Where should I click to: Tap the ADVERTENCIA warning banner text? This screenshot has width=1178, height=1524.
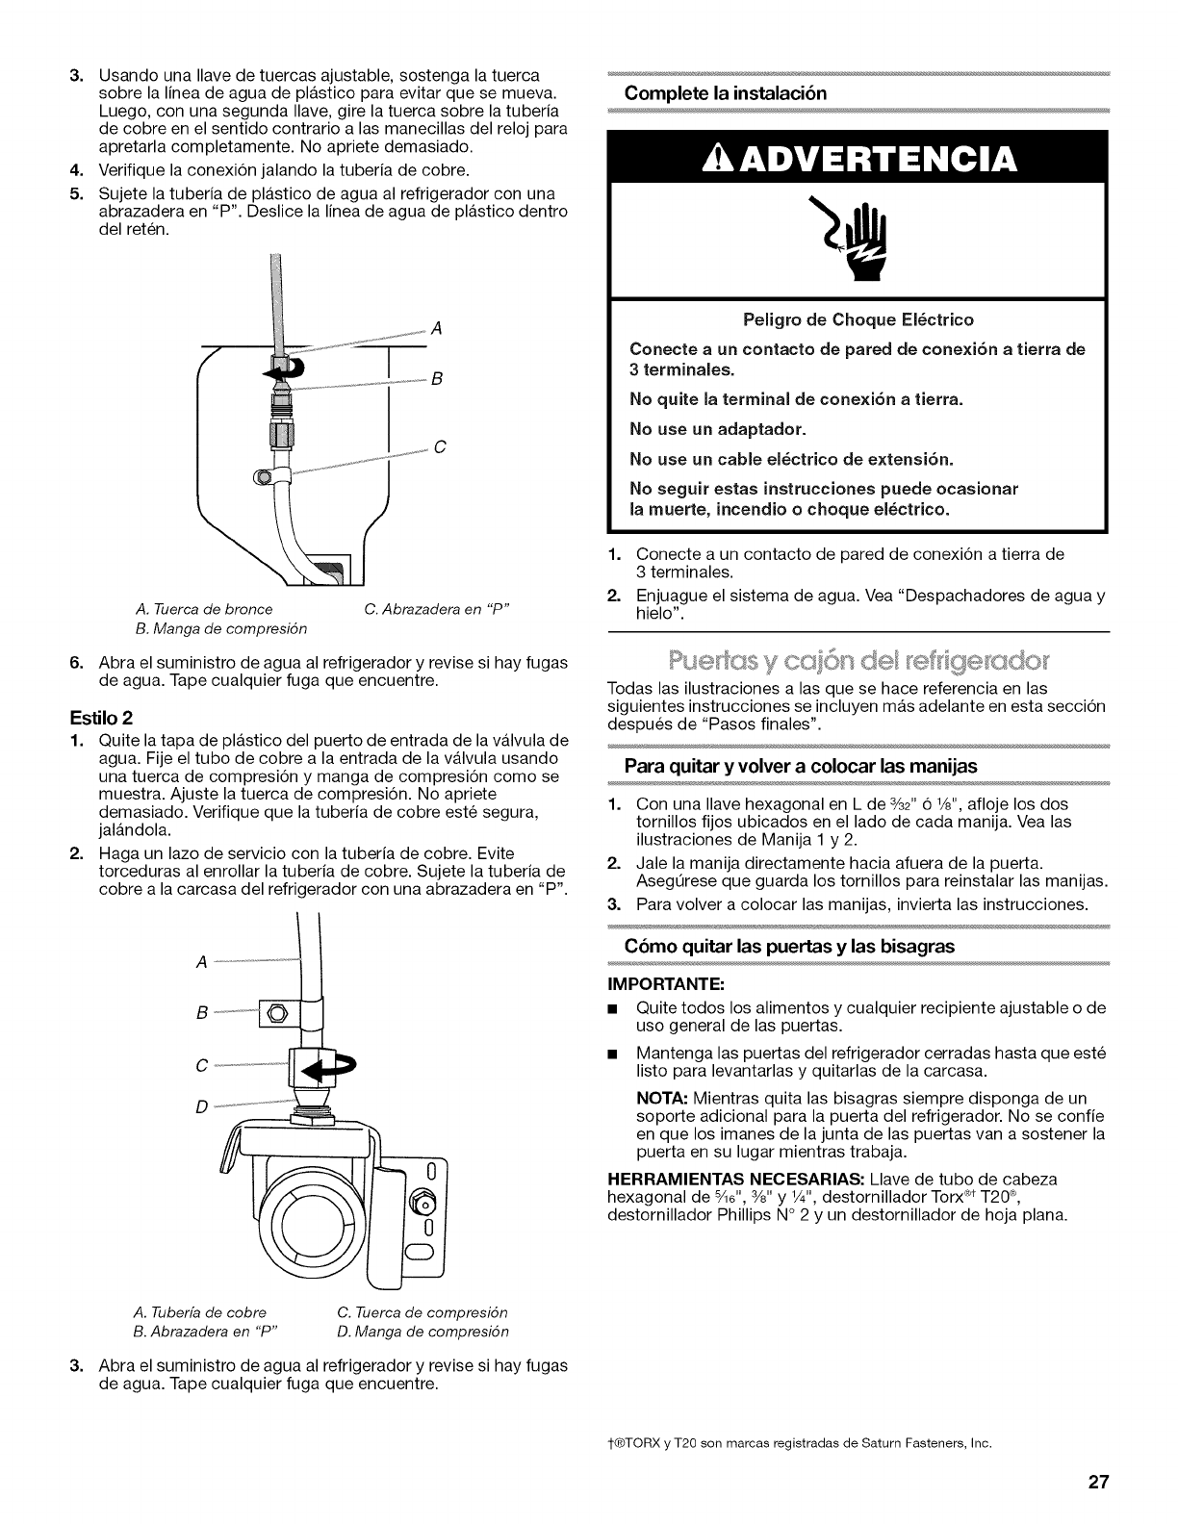858,159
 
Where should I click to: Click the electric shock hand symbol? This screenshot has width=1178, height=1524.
858,241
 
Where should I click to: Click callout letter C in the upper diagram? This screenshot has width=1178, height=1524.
438,446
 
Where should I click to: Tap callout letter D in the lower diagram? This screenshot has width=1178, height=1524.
201,1106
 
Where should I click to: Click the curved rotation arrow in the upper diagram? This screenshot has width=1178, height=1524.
286,368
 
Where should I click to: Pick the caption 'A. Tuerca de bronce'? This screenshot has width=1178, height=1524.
204,609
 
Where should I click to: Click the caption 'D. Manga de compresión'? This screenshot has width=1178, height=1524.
423,1333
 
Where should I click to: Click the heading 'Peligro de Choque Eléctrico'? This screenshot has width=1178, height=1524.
858,319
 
